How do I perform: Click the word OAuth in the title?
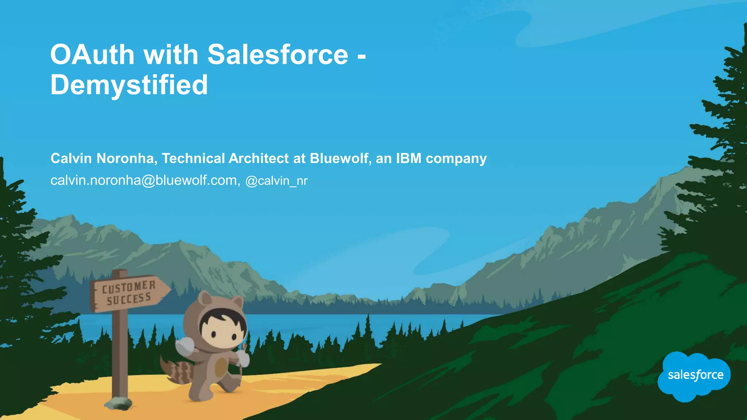click(92, 55)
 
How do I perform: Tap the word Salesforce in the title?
click(278, 55)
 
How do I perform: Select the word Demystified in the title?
click(129, 85)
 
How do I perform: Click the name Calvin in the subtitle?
click(71, 159)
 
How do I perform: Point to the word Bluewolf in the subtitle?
click(338, 159)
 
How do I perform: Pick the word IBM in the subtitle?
click(409, 159)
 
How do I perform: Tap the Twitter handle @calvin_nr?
click(276, 181)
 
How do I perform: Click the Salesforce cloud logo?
click(695, 376)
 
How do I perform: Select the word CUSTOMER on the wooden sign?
click(129, 287)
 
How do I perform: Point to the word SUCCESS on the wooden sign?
click(129, 300)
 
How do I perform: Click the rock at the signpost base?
click(118, 402)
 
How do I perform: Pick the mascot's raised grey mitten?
click(185, 346)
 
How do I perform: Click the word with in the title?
click(171, 55)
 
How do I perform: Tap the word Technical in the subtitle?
click(193, 159)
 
